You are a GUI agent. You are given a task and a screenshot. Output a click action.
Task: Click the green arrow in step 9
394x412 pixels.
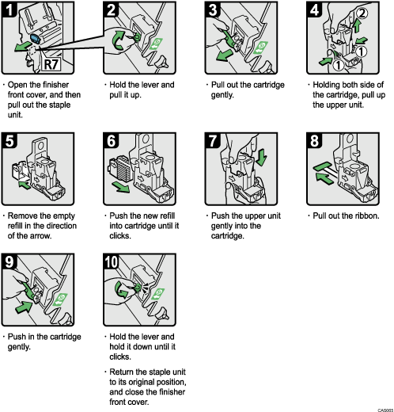(25, 304)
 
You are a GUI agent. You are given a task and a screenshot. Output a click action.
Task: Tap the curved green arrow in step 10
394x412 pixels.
(120, 288)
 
